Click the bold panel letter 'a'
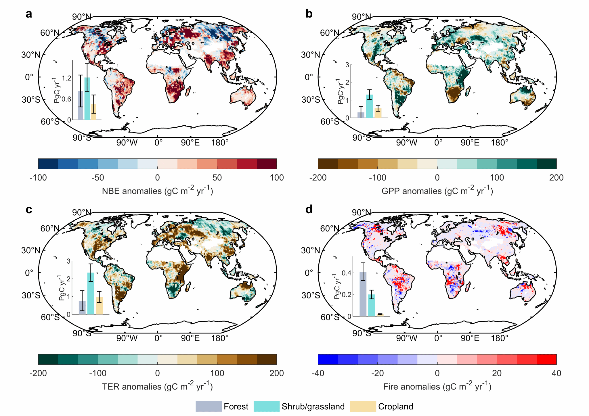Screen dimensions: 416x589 (x=29, y=14)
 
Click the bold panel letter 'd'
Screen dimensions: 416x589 (x=309, y=209)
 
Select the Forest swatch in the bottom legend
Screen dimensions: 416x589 (x=208, y=406)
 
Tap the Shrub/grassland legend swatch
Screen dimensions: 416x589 (x=266, y=406)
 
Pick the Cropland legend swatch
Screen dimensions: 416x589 (x=363, y=406)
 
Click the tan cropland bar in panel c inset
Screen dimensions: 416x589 (x=99, y=306)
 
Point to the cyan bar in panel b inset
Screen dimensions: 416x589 (x=369, y=106)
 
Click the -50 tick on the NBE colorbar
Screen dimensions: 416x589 (x=98, y=178)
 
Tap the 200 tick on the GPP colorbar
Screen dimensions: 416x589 (x=556, y=178)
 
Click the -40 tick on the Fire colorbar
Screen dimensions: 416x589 (x=318, y=373)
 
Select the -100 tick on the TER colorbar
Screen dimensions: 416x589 (x=98, y=373)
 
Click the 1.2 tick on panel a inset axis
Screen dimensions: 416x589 (x=66, y=78)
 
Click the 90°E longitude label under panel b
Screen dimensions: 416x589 (x=470, y=143)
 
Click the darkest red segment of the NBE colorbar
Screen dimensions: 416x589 (x=267, y=164)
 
